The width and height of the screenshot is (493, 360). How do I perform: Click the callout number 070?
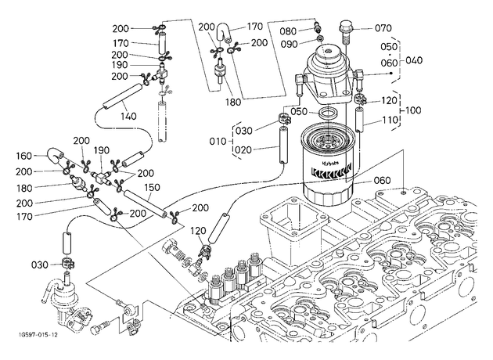(383, 28)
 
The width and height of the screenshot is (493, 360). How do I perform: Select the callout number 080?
(288, 31)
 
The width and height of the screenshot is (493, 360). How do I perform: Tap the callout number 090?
(289, 44)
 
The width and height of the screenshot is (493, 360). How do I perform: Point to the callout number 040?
(414, 60)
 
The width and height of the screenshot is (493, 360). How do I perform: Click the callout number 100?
(413, 110)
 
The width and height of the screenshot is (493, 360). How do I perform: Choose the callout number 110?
(390, 120)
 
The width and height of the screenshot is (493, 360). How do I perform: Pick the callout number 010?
(218, 141)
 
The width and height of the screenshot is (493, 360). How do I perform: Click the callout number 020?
(243, 150)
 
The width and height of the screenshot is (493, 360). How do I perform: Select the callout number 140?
(128, 117)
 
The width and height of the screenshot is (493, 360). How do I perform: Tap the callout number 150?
(152, 187)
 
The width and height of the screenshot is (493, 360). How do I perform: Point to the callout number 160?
(24, 156)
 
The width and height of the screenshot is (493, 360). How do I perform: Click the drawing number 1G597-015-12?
(36, 335)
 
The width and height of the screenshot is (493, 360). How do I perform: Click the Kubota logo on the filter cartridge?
(329, 164)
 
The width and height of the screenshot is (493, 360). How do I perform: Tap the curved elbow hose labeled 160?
(56, 155)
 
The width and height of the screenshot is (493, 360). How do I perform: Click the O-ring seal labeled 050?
(328, 112)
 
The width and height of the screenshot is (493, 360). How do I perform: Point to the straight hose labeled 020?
(283, 145)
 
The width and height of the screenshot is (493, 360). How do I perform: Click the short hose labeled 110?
(360, 120)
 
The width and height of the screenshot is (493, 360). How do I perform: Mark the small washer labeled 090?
(319, 39)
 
